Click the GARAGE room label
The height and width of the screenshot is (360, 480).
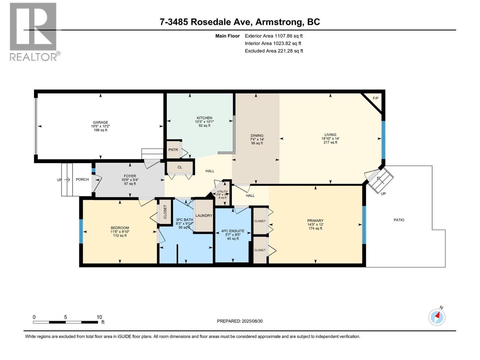point(100,122)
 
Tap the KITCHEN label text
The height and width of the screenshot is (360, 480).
point(204,118)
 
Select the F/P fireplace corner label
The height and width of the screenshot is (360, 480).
point(375,98)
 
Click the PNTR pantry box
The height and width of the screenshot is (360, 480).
point(173,150)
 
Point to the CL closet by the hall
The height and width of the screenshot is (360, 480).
point(180,167)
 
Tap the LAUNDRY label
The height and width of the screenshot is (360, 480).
point(204,216)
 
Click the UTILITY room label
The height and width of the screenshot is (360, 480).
point(222,191)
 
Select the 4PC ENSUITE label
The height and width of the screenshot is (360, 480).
point(233,231)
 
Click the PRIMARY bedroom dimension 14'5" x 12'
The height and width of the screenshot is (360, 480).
point(315,224)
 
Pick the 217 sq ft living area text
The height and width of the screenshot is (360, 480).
point(330,142)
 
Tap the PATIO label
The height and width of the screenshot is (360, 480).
point(399,220)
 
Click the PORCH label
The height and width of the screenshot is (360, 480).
point(82,179)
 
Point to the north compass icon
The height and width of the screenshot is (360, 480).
point(437,317)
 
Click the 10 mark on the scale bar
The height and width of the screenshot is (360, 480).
point(99,317)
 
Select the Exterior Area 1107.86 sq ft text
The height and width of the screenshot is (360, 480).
point(274,36)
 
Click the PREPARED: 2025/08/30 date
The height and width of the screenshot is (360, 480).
point(240,321)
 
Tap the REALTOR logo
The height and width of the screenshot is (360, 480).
point(34,31)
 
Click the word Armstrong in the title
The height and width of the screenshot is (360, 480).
point(278,22)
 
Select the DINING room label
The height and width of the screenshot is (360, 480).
point(257,136)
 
